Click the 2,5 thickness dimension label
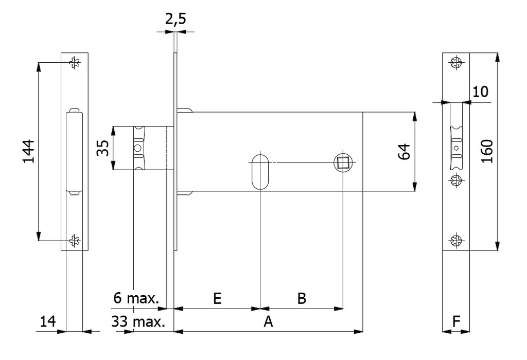pyautogui.click(x=175, y=20)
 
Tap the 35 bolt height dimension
pyautogui.click(x=103, y=148)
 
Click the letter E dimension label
pyautogui.click(x=217, y=299)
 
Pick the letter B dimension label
pyautogui.click(x=302, y=299)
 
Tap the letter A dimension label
pyautogui.click(x=268, y=322)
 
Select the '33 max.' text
pyautogui.click(x=138, y=322)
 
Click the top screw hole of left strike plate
pyautogui.click(x=75, y=63)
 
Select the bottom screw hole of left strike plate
pyautogui.click(x=75, y=240)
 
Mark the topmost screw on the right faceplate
pyautogui.click(x=455, y=64)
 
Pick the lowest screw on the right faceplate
pyautogui.click(x=455, y=240)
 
